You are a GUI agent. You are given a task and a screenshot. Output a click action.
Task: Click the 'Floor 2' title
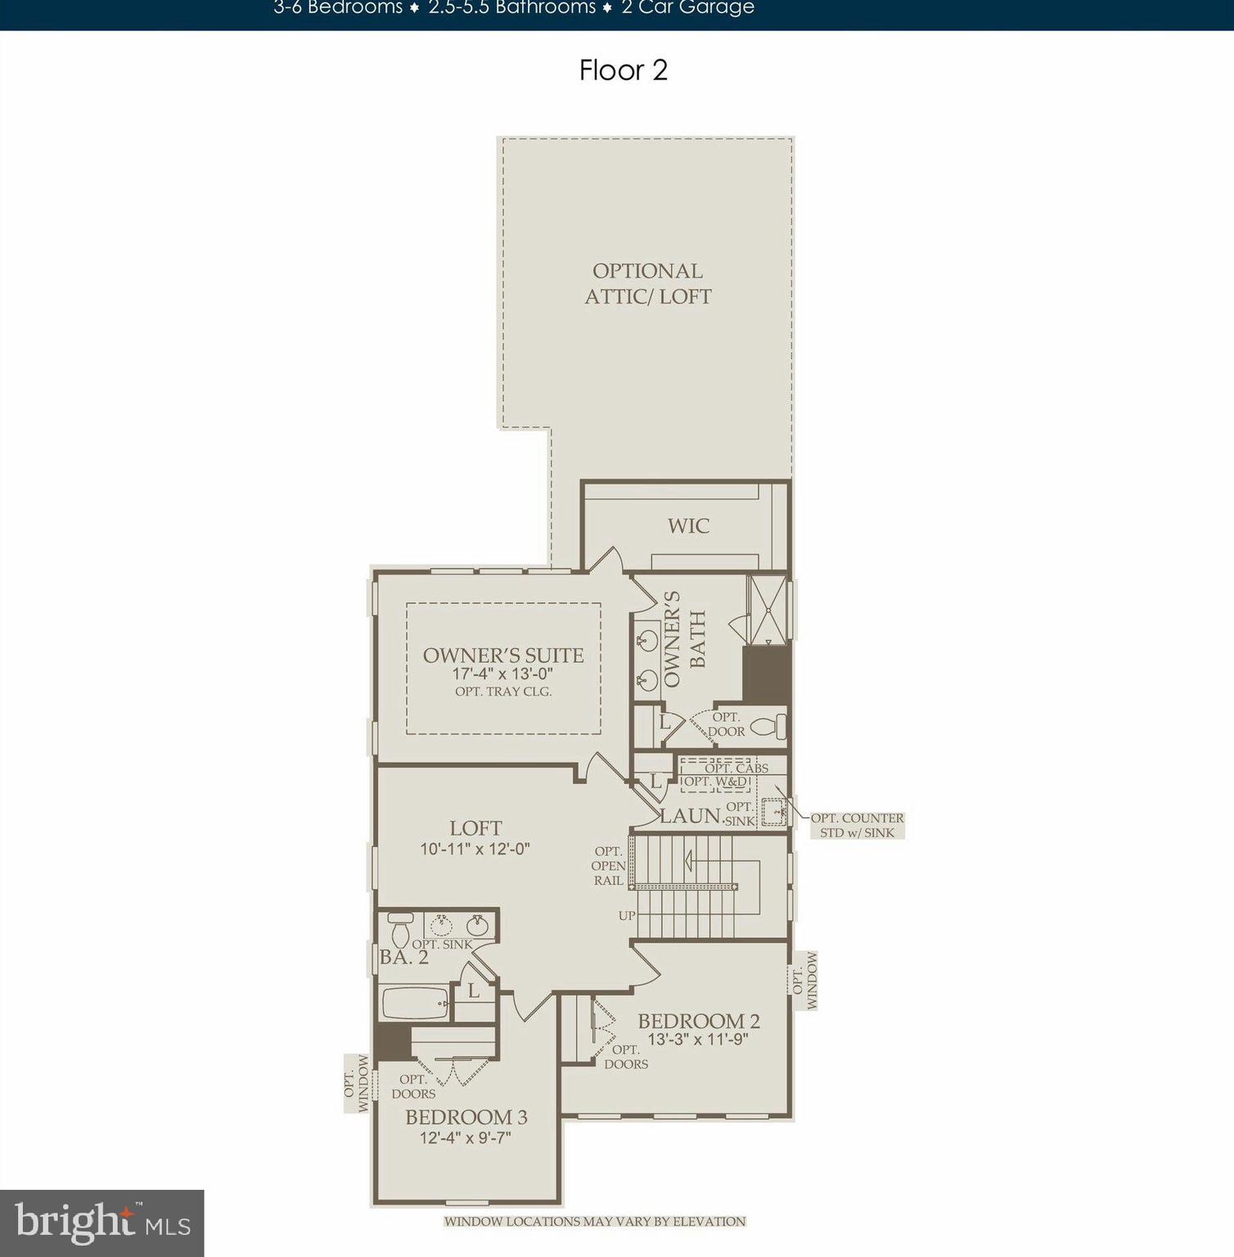pyautogui.click(x=623, y=70)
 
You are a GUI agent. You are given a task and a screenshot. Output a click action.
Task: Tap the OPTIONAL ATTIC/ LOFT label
pyautogui.click(x=647, y=283)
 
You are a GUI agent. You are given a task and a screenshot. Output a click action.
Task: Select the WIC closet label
pyautogui.click(x=688, y=525)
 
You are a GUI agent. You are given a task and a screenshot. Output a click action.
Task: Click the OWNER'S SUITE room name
pyautogui.click(x=503, y=655)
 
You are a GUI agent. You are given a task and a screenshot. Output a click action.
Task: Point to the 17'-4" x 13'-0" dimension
pyautogui.click(x=503, y=674)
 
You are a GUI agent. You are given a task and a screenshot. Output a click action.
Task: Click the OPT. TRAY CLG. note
pyautogui.click(x=503, y=692)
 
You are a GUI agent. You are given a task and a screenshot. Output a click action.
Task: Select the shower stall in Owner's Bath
pyautogui.click(x=768, y=610)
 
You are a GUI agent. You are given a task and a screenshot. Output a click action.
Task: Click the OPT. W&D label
pyautogui.click(x=716, y=782)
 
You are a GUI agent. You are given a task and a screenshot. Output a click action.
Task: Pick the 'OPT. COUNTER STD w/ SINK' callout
pyautogui.click(x=857, y=825)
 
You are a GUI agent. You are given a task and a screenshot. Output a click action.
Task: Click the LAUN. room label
pyautogui.click(x=690, y=816)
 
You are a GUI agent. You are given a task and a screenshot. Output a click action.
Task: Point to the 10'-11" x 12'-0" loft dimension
pyautogui.click(x=475, y=849)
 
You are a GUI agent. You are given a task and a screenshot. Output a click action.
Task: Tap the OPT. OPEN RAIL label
pyautogui.click(x=609, y=866)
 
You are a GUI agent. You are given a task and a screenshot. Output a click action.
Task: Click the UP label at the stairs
pyautogui.click(x=627, y=916)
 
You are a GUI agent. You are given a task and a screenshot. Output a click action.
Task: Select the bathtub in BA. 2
pyautogui.click(x=415, y=1003)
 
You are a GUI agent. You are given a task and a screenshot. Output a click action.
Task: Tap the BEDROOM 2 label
pyautogui.click(x=699, y=1020)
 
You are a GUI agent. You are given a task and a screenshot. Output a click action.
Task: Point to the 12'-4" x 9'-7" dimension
pyautogui.click(x=466, y=1138)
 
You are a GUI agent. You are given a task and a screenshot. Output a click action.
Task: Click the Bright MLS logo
pyautogui.click(x=101, y=1223)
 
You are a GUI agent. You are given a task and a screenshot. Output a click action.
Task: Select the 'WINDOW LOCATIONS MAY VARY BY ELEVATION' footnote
pyautogui.click(x=595, y=1222)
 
